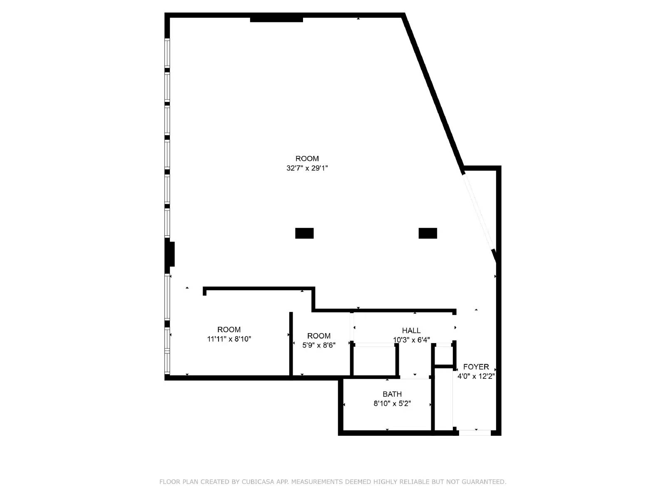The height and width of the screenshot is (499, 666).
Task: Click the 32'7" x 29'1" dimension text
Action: pyautogui.click(x=307, y=168)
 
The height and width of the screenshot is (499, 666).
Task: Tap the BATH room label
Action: pyautogui.click(x=392, y=394)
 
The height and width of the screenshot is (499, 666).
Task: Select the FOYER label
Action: pyautogui.click(x=476, y=367)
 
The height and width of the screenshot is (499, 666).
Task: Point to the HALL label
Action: pyautogui.click(x=411, y=331)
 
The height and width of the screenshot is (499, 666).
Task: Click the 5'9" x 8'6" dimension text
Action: pyautogui.click(x=319, y=345)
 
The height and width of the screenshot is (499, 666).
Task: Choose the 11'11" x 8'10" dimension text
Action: pyautogui.click(x=229, y=339)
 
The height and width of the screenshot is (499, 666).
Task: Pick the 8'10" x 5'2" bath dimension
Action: pyautogui.click(x=392, y=403)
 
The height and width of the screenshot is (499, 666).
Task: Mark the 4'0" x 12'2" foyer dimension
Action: pyautogui.click(x=476, y=376)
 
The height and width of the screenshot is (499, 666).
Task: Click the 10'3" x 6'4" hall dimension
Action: pyautogui.click(x=411, y=340)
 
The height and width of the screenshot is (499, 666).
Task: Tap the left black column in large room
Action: pyautogui.click(x=304, y=233)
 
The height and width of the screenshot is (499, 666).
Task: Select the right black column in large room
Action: pyautogui.click(x=427, y=233)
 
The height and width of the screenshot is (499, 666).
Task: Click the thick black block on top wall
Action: pyautogui.click(x=276, y=18)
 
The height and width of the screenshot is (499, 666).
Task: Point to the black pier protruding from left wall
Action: pyautogui.click(x=170, y=254)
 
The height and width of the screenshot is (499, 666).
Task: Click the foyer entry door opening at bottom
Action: pyautogui.click(x=475, y=432)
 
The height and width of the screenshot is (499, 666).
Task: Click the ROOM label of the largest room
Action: pyautogui.click(x=307, y=158)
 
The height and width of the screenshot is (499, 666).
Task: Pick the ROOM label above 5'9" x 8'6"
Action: pyautogui.click(x=319, y=336)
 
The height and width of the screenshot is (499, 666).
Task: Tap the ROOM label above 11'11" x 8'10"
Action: pyautogui.click(x=229, y=330)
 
